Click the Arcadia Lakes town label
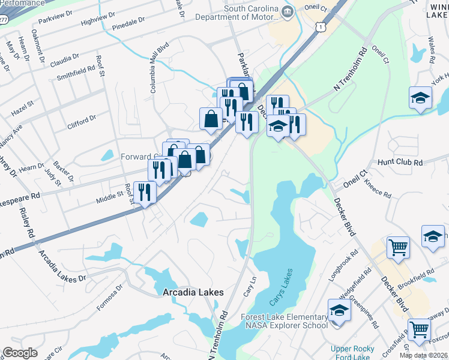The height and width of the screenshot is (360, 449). (x=193, y=292)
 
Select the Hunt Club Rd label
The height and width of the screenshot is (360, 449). (x=400, y=163)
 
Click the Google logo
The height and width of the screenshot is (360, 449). (x=20, y=353)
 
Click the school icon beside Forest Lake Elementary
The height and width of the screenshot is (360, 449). (x=339, y=311)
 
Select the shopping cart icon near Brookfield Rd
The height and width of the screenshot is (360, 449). (x=399, y=247)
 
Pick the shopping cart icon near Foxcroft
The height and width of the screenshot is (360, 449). (x=419, y=329)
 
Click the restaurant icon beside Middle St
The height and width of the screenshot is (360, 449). (x=145, y=193)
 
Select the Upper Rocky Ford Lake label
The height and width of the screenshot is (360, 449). (x=352, y=353)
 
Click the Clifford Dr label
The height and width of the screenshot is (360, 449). (x=82, y=121)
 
